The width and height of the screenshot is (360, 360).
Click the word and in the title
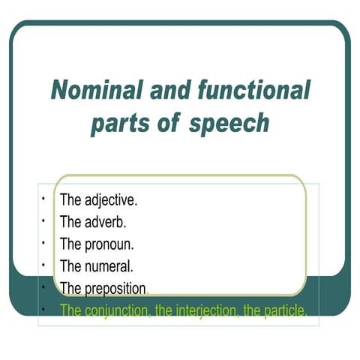168,91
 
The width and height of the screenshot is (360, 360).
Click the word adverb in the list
106,222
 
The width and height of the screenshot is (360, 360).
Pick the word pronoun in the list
109,244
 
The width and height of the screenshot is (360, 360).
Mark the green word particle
282,310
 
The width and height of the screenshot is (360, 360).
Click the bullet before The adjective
45,199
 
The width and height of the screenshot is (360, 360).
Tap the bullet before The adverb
45,221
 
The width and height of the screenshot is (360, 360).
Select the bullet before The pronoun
45,243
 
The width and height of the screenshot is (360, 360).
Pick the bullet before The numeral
45,265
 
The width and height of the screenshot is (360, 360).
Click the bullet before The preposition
45,286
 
